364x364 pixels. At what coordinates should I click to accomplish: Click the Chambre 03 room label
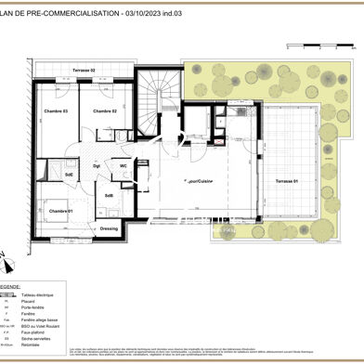58,111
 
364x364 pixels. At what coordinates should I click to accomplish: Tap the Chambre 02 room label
104,111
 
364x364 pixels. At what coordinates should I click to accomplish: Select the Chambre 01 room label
60,211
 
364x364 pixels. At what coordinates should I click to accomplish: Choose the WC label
123,166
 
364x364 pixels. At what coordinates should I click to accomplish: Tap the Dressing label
110,227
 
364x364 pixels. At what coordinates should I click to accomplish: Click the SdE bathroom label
69,175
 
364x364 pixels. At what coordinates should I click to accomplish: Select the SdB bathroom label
109,195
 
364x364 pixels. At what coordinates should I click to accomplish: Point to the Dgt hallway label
97,166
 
